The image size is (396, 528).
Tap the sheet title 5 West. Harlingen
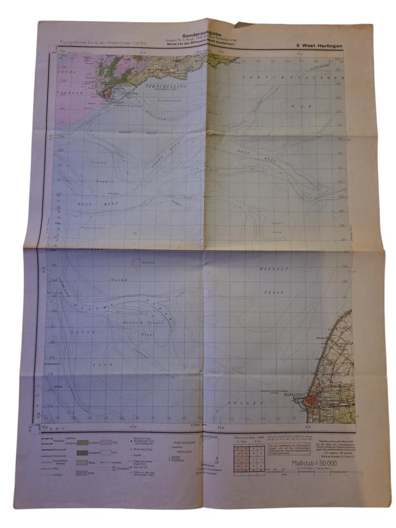pyautogui.click(x=319, y=46)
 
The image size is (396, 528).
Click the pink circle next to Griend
pyautogui.click(x=136, y=263)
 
